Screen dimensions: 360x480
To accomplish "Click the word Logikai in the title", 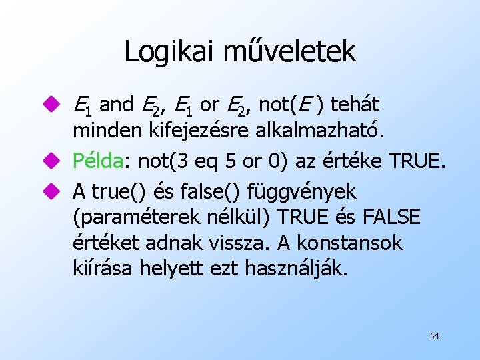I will [x=165, y=52].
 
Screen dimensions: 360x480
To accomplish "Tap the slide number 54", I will [x=434, y=336].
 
